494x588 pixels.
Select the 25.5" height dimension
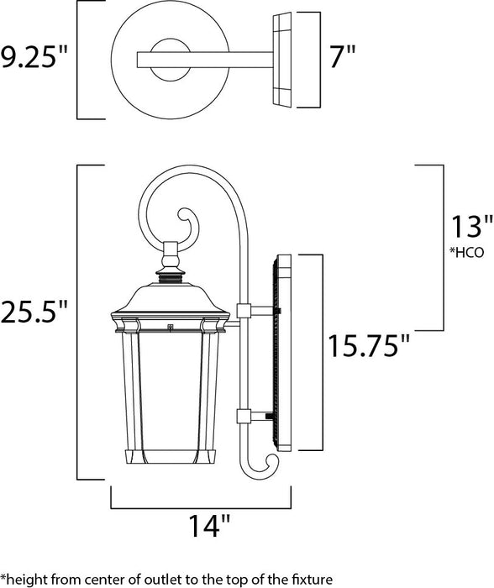[x=34, y=313]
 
